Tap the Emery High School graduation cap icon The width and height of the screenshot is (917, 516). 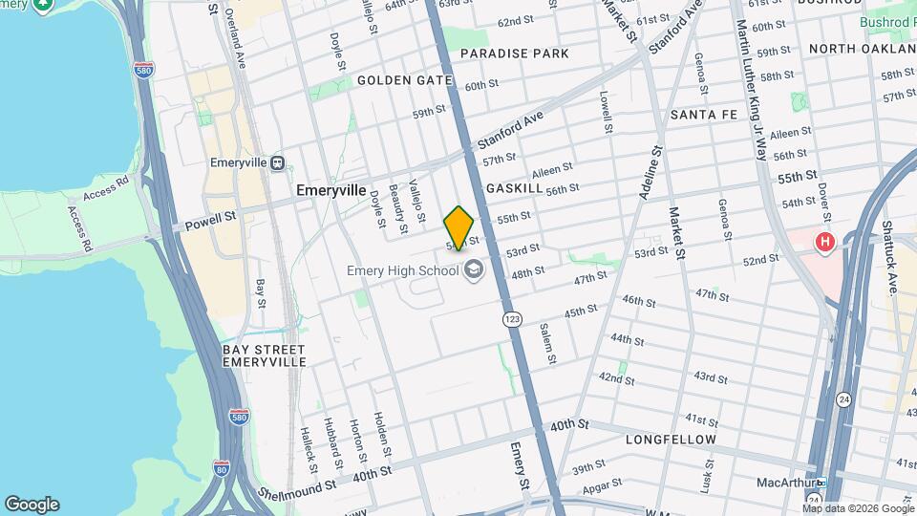click(473, 271)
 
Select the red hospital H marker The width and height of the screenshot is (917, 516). click(824, 243)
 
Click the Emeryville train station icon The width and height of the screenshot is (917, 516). click(278, 162)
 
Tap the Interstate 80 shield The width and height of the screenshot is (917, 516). click(223, 468)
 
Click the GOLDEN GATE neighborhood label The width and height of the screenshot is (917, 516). click(404, 80)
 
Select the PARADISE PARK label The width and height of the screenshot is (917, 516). click(514, 54)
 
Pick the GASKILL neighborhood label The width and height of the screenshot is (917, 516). click(514, 189)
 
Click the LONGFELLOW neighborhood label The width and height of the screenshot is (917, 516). click(671, 440)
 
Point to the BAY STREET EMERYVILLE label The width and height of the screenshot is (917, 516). click(264, 355)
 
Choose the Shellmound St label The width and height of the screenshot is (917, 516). click(297, 485)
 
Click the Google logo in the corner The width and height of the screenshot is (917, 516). click(32, 504)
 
